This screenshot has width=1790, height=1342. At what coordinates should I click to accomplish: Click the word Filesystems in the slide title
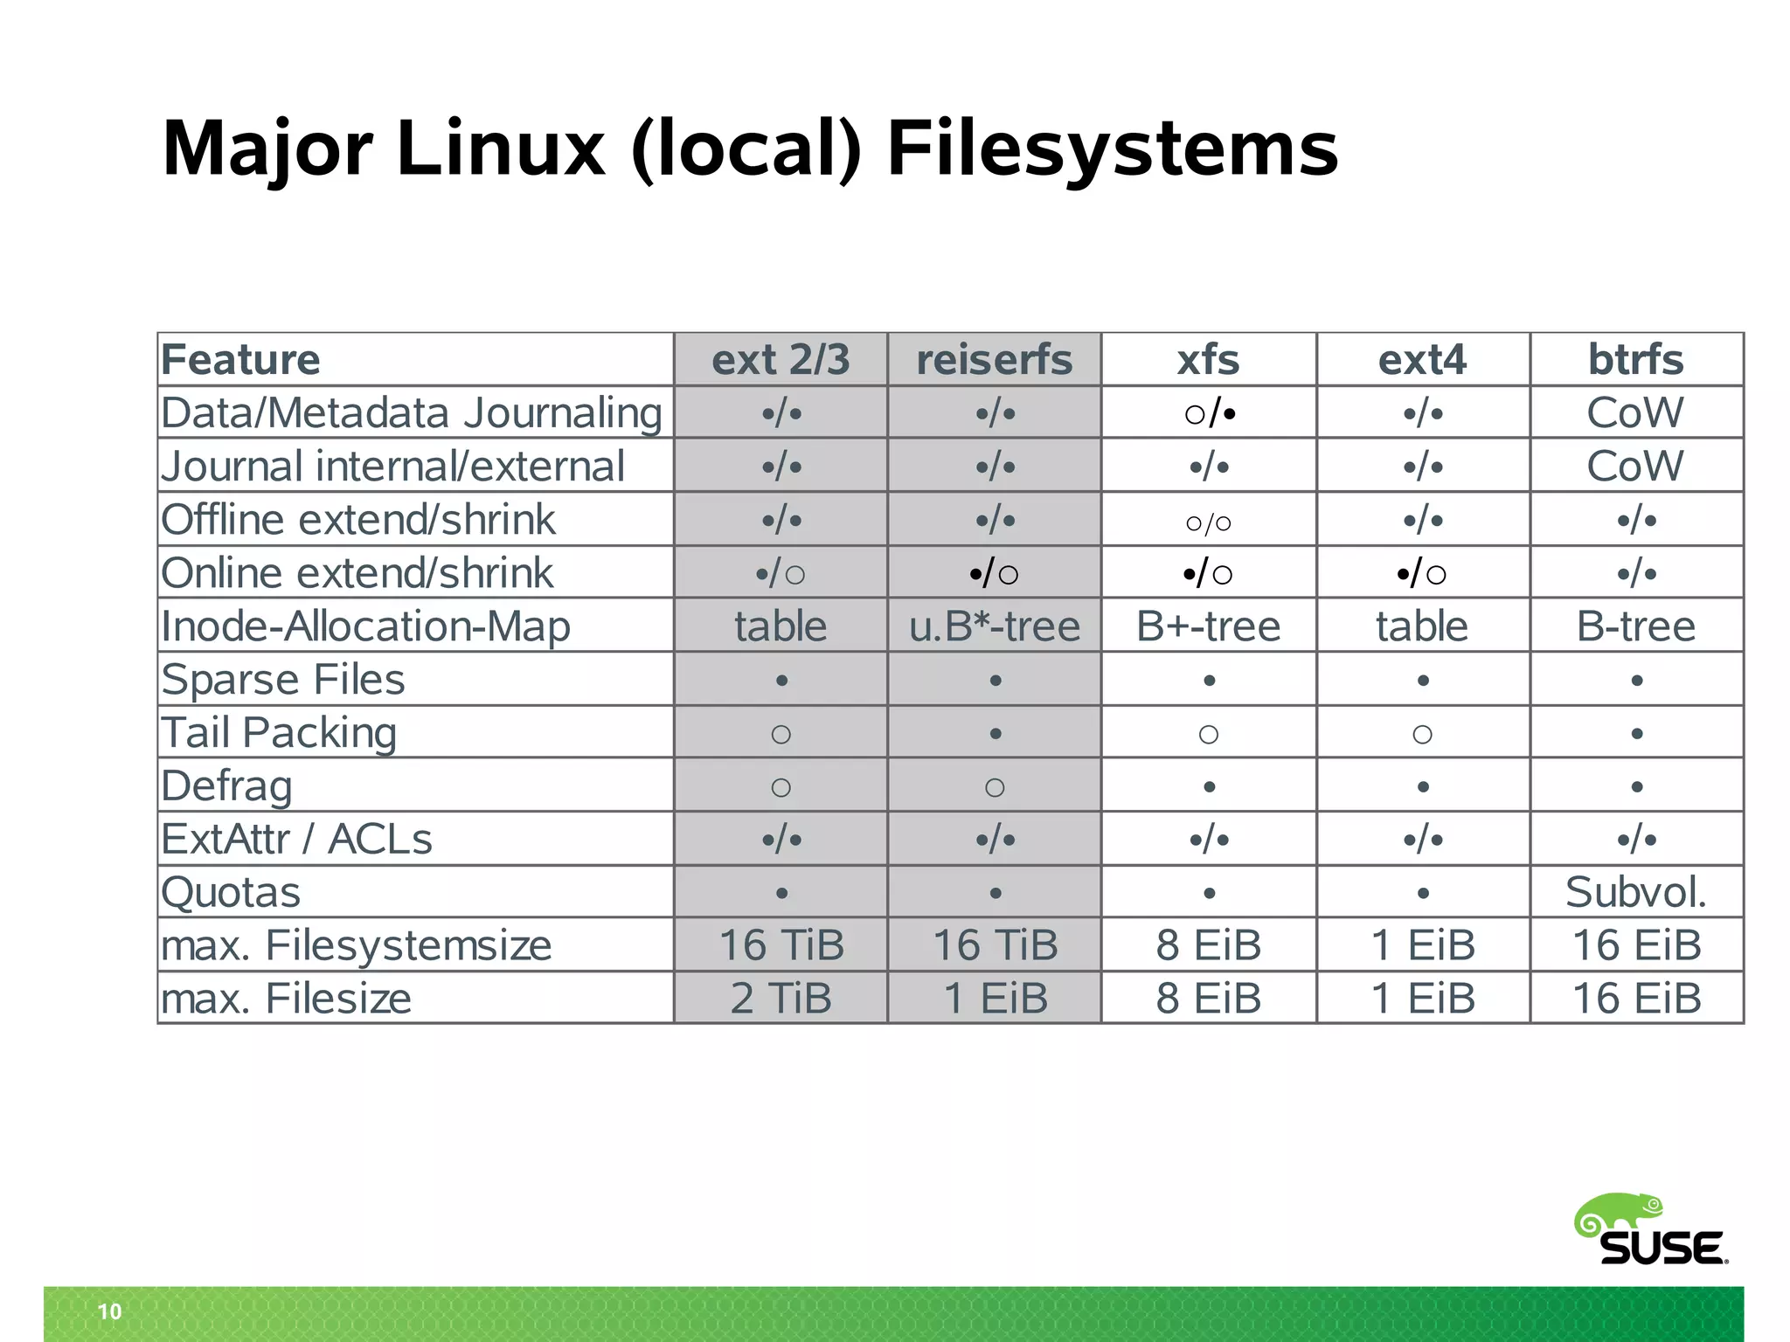point(1112,149)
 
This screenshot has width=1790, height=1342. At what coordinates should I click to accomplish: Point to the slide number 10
point(110,1311)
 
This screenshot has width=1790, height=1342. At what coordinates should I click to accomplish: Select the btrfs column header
point(1635,360)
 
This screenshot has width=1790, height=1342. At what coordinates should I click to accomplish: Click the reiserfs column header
point(994,360)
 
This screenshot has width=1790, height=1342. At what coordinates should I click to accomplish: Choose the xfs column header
point(1208,360)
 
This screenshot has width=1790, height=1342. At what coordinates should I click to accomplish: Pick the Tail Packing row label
point(279,732)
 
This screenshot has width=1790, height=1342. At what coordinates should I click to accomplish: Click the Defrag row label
point(226,785)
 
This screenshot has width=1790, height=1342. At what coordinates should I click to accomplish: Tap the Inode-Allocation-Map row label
point(365,626)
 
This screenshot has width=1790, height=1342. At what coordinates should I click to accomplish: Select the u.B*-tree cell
point(995,626)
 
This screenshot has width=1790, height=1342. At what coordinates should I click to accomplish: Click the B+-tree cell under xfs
point(1208,626)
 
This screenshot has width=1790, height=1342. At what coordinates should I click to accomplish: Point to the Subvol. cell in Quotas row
point(1635,892)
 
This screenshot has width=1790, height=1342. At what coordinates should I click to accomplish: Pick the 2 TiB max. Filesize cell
point(781,998)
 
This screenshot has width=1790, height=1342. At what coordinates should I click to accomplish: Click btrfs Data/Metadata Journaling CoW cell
point(1635,412)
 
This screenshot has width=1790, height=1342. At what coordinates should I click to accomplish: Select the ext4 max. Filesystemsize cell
point(1422,944)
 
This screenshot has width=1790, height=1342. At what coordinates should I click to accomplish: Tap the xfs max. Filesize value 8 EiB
point(1208,998)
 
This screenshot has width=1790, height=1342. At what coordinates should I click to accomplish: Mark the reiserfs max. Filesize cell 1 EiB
point(995,998)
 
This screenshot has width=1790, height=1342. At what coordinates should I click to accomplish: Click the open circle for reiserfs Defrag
point(995,787)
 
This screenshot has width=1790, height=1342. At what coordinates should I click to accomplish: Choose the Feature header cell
point(241,360)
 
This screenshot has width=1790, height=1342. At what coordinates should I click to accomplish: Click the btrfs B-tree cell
point(1635,626)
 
